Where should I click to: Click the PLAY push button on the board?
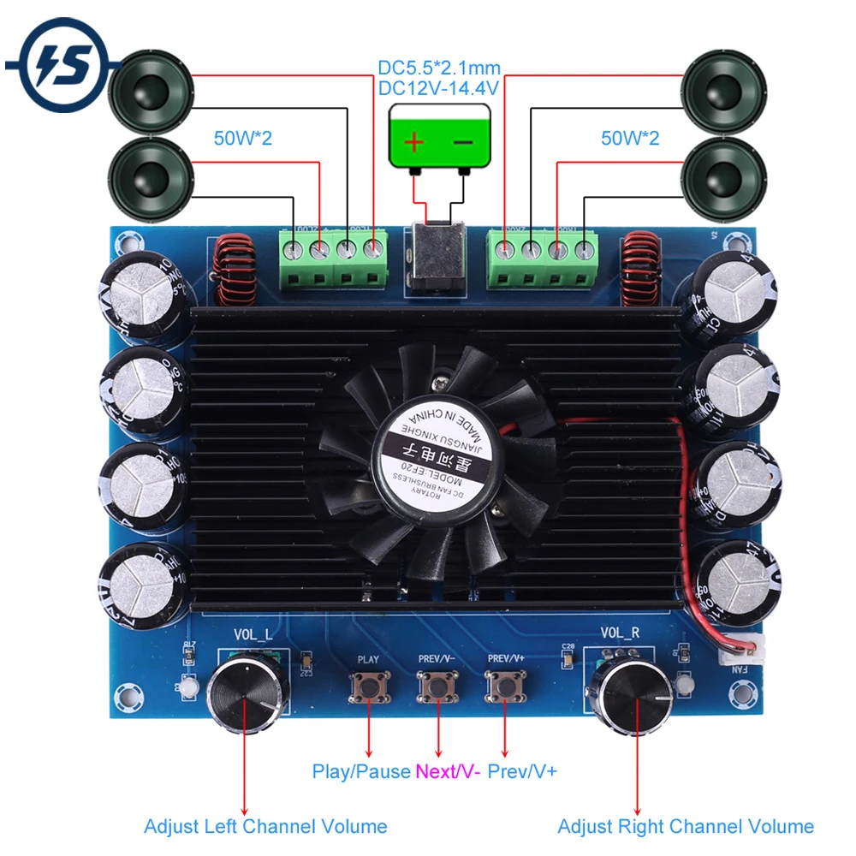(x=368, y=687)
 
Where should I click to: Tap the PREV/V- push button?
(x=437, y=687)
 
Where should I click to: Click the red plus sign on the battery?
(x=413, y=141)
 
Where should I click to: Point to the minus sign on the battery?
(x=463, y=141)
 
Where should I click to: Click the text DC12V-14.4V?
(x=439, y=87)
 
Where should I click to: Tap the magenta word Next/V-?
(x=448, y=771)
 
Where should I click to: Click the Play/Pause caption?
(x=361, y=771)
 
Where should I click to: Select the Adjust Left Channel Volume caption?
(x=265, y=826)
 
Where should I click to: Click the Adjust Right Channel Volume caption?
(x=685, y=826)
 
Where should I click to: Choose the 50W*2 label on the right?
(x=630, y=138)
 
